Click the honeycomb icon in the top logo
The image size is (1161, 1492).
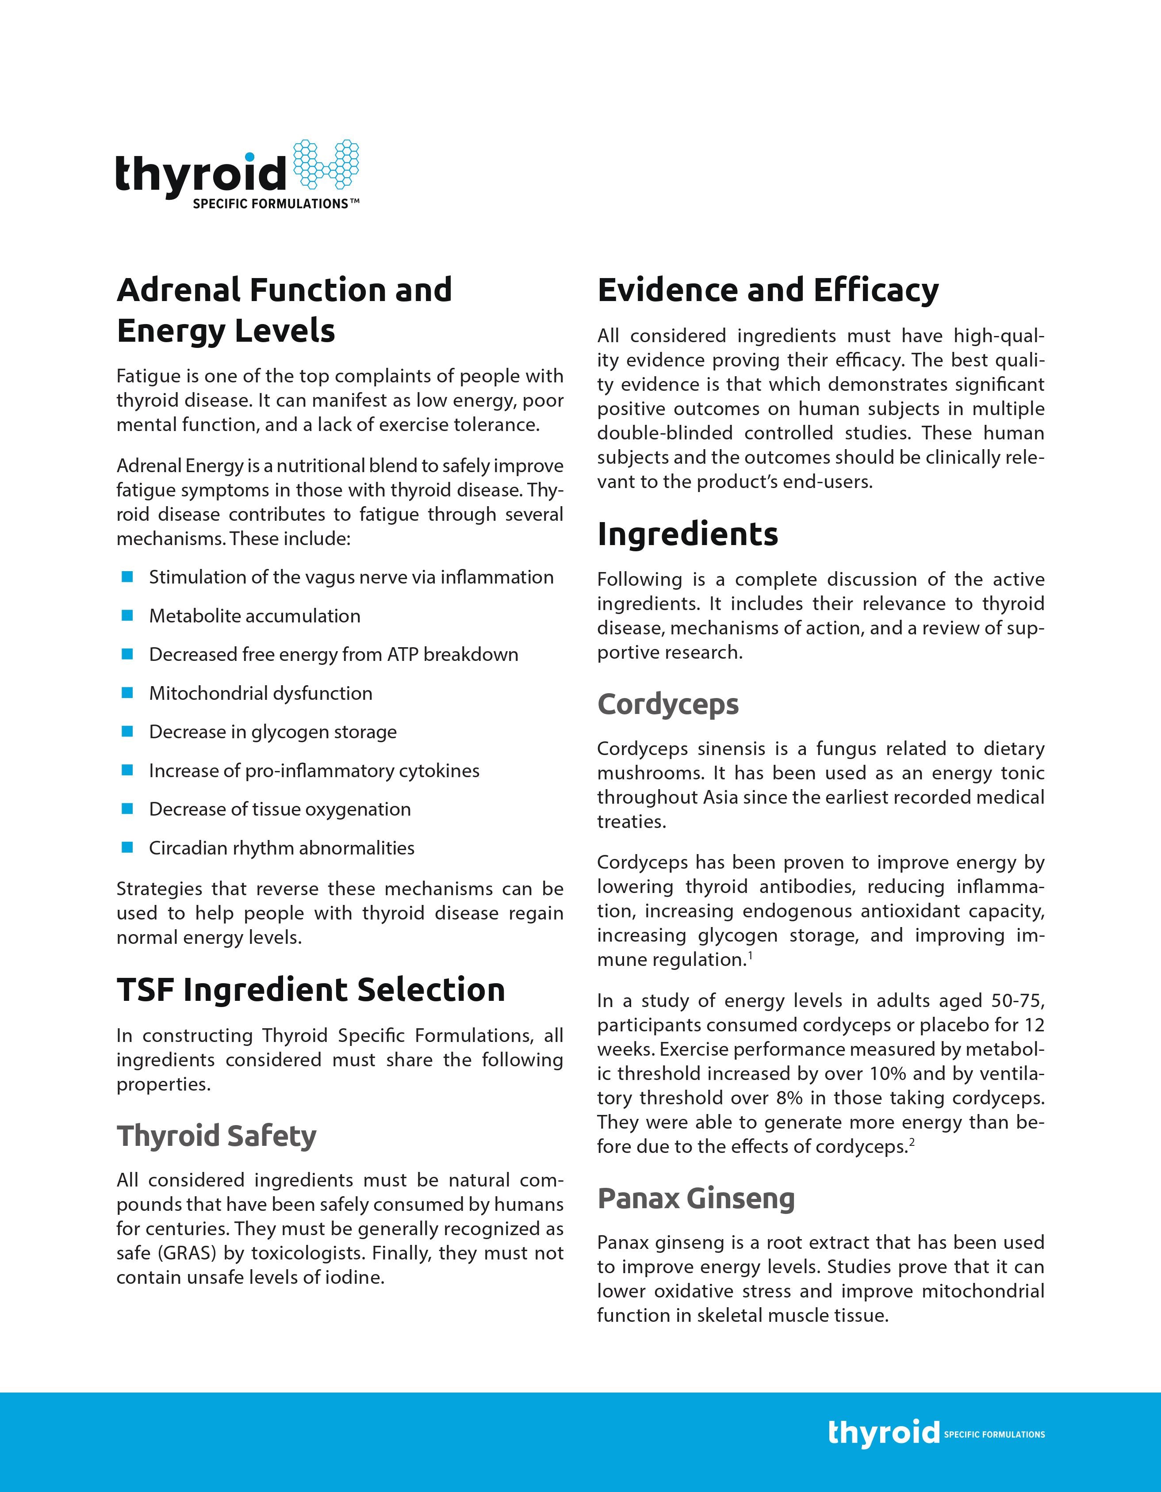click(x=326, y=164)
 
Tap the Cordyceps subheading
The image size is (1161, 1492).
click(x=667, y=704)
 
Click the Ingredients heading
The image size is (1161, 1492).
click(x=687, y=534)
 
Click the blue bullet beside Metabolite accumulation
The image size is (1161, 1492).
click(x=126, y=615)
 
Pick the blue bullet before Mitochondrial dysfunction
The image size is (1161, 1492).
click(x=126, y=693)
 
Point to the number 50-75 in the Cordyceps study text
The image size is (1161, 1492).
click(x=1018, y=1001)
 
